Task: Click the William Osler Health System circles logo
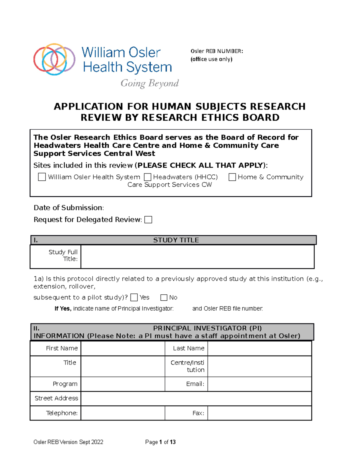pyautogui.click(x=54, y=59)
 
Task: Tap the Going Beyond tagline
pyautogui.click(x=149, y=83)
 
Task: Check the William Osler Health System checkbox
pyautogui.click(x=42, y=177)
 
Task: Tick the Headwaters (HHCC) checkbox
pyautogui.click(x=147, y=177)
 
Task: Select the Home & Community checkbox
pyautogui.click(x=232, y=177)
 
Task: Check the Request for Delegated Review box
pyautogui.click(x=148, y=220)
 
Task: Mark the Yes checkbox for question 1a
pyautogui.click(x=134, y=297)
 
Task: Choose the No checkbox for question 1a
pyautogui.click(x=164, y=297)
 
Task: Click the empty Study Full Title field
pyautogui.click(x=197, y=257)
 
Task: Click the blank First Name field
pyautogui.click(x=123, y=348)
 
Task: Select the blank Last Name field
pyautogui.click(x=259, y=348)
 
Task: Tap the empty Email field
pyautogui.click(x=259, y=384)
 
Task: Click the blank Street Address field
pyautogui.click(x=196, y=398)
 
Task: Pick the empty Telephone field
pyautogui.click(x=123, y=413)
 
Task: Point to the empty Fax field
pyautogui.click(x=259, y=413)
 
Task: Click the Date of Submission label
pyautogui.click(x=69, y=208)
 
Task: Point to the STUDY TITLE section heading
pyautogui.click(x=176, y=240)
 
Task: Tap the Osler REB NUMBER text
pyautogui.click(x=217, y=51)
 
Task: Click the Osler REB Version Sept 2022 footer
pyautogui.click(x=68, y=442)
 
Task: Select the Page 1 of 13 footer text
pyautogui.click(x=160, y=442)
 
